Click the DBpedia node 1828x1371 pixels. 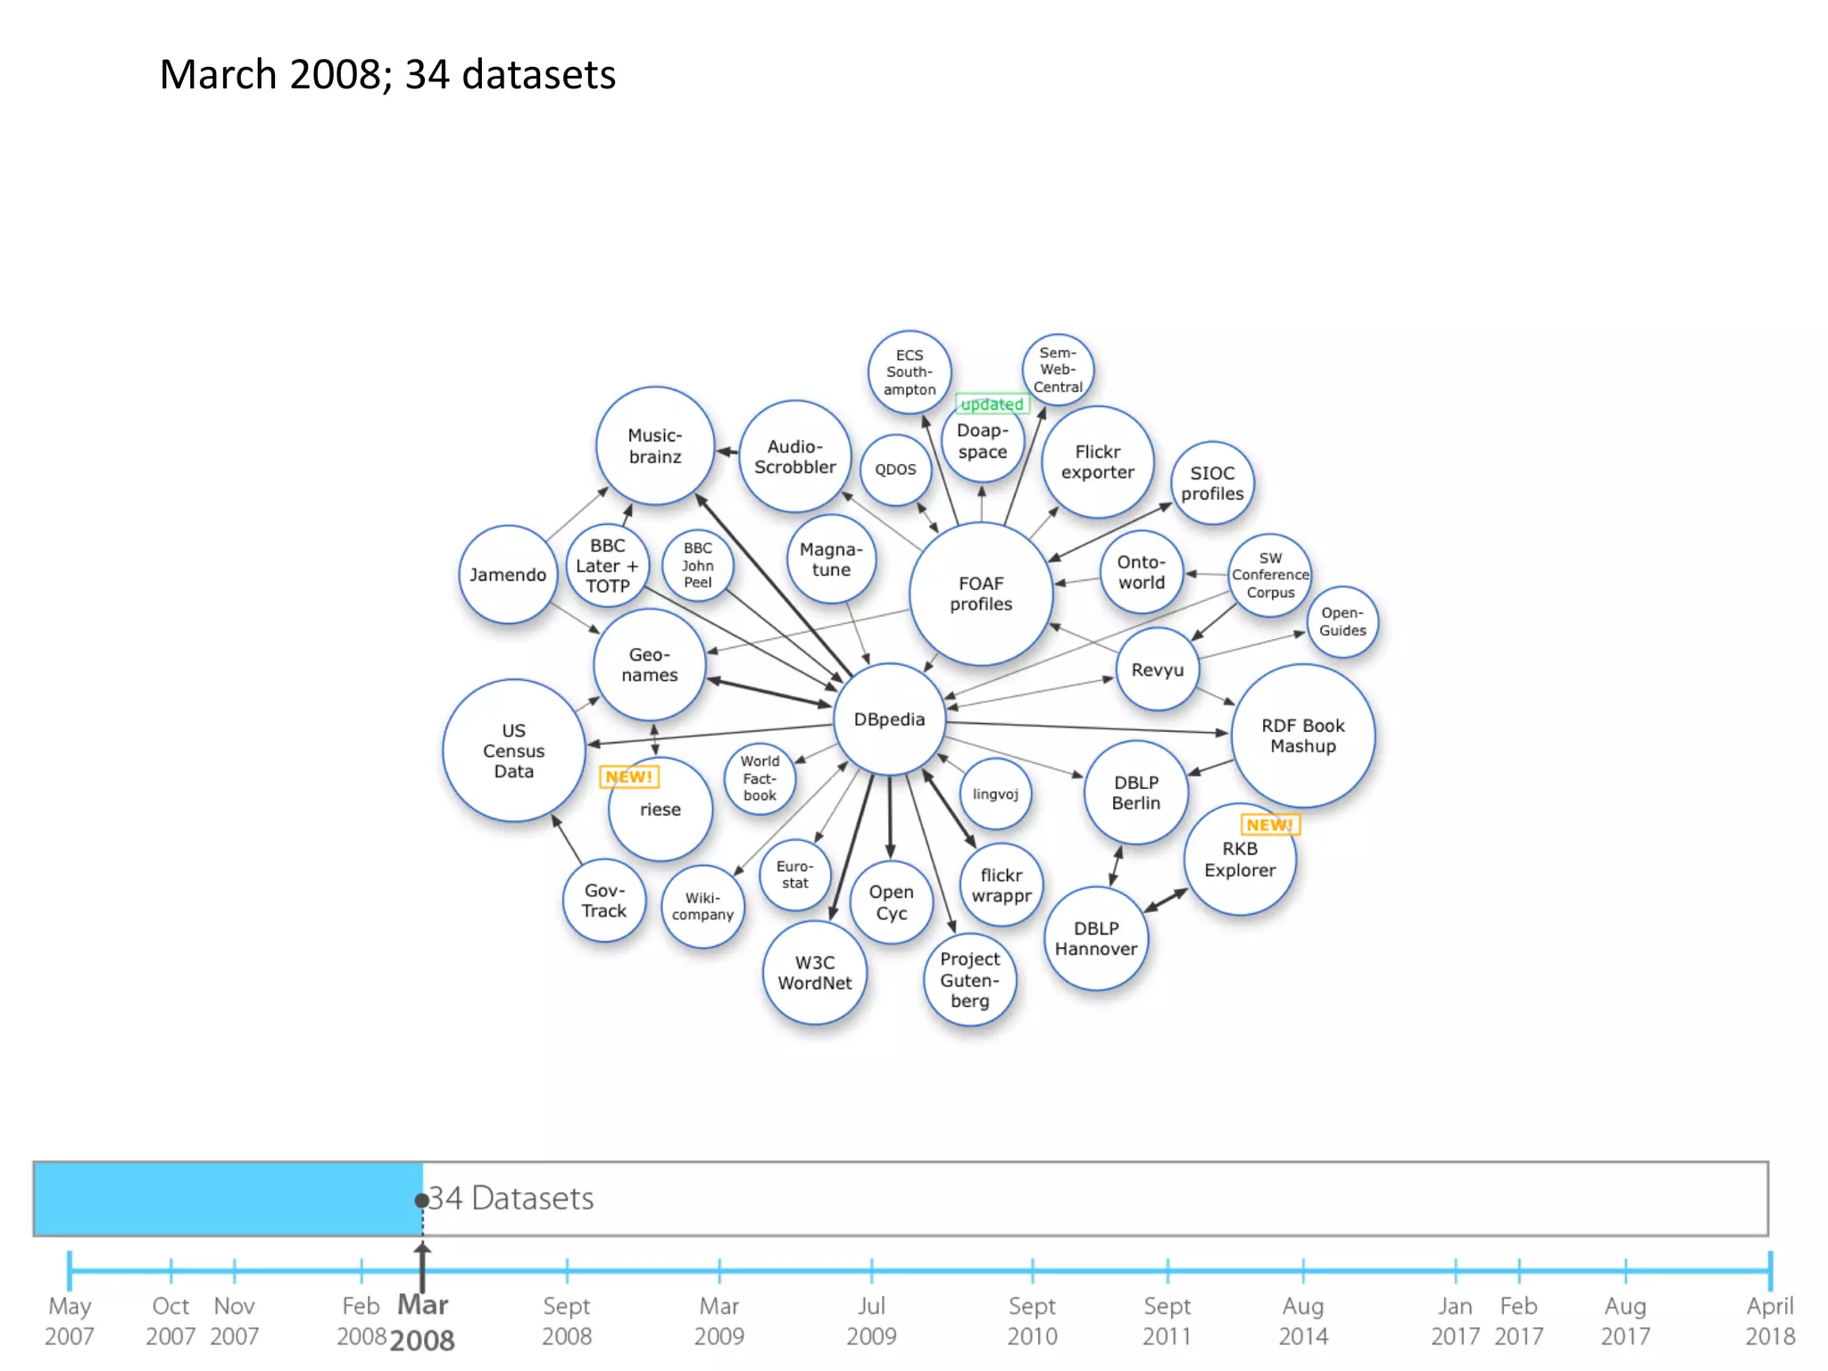889,719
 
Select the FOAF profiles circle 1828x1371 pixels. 981,594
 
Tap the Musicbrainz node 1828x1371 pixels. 655,445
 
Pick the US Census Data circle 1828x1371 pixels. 514,751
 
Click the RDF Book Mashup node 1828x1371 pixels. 1303,735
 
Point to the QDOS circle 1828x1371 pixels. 895,469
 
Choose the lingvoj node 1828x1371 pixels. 995,794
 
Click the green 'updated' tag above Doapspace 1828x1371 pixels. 992,404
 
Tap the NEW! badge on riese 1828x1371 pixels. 629,777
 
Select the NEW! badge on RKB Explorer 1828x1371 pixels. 1269,825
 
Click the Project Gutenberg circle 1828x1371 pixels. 969,979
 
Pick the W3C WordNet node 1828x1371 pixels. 815,972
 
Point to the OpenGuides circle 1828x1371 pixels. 1342,622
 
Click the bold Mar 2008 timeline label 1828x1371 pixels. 423,1322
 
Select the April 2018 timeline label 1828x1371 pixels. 1769,1320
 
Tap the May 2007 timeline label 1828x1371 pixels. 70,1320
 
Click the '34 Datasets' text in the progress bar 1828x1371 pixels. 511,1198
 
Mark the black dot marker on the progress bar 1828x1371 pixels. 421,1201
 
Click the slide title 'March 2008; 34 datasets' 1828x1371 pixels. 387,74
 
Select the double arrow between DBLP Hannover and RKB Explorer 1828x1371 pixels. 1166,900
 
